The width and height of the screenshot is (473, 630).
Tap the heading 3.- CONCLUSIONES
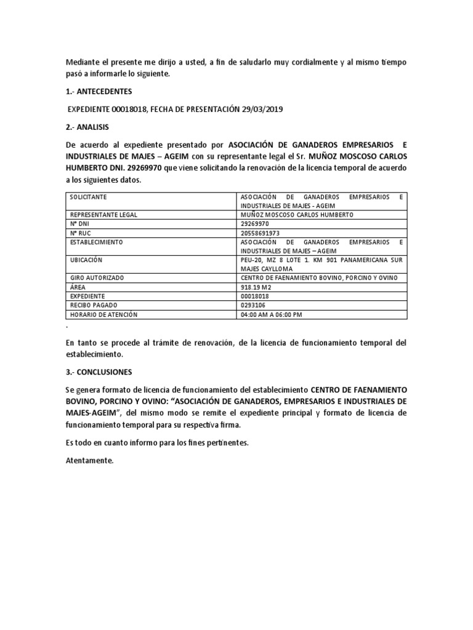coord(98,372)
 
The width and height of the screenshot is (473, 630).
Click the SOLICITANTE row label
coord(88,197)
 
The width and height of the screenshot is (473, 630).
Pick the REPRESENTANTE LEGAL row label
coord(103,215)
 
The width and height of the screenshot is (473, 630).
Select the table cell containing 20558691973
coord(260,233)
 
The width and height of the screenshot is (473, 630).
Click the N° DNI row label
coord(79,224)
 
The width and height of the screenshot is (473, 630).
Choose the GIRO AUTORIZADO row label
coord(96,278)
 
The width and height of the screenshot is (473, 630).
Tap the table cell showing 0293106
coord(253,305)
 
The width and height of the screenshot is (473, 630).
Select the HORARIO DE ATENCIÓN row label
coord(103,314)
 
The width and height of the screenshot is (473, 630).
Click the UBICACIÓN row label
coord(84,260)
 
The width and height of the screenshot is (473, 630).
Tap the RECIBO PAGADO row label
coord(94,305)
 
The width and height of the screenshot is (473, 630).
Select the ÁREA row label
coord(77,287)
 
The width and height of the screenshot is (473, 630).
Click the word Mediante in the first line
coord(82,62)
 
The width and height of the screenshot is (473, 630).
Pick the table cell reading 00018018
coord(254,297)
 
